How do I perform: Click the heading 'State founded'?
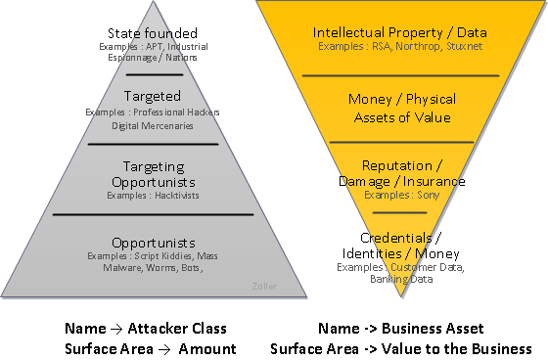153,34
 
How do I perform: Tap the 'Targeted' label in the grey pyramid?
153,96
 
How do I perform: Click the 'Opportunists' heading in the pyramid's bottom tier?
153,242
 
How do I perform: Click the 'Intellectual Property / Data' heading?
400,33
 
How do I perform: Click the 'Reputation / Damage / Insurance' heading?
400,173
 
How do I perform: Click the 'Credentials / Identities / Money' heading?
400,246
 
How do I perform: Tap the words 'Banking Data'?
400,279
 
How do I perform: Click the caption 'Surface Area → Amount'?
151,348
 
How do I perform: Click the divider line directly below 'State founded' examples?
153,74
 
